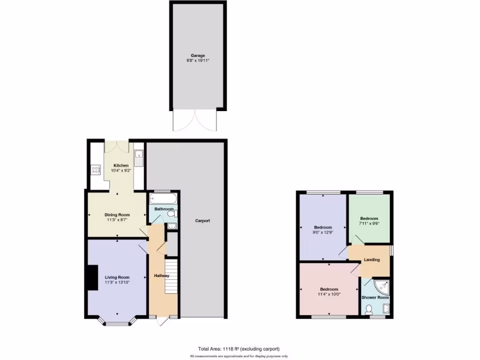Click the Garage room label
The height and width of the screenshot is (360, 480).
pos(197,55)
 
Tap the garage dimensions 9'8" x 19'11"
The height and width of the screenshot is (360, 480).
pos(197,60)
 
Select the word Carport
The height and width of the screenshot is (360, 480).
pos(202,221)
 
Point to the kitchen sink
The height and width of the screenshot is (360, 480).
pos(139,158)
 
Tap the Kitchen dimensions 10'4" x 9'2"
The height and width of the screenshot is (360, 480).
pos(120,171)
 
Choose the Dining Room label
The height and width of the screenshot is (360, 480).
pos(117,215)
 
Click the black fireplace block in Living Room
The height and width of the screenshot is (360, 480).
pos(91,277)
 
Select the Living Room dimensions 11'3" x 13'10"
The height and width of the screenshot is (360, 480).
pos(117,282)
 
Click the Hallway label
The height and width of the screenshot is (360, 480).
pos(161,276)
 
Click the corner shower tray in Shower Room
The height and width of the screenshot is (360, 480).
pos(382,286)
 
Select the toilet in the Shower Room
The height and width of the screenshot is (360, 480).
pos(369,309)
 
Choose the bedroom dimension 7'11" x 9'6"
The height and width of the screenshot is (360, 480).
pos(369,224)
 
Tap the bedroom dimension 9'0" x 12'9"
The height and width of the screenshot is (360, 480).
pos(323,232)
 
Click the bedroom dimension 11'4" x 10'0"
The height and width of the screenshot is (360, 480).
pos(329,294)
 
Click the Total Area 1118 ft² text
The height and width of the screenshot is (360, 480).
pos(239,349)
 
